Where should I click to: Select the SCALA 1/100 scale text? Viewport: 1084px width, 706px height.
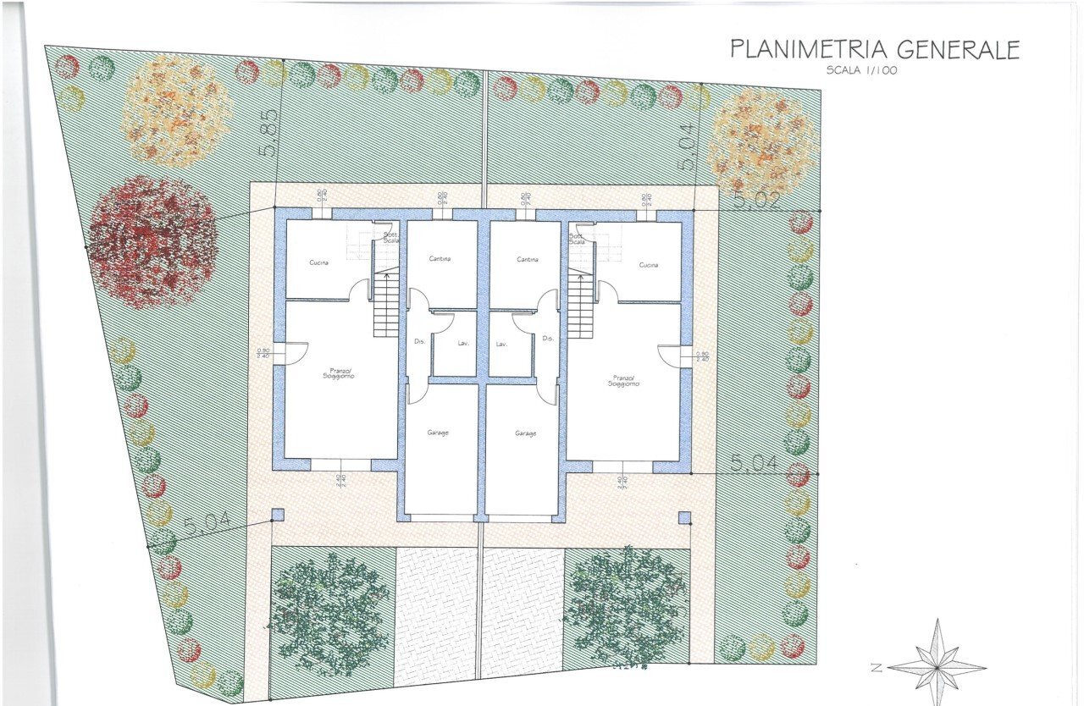pos(862,70)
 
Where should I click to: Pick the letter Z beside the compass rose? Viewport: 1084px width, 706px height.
pos(877,668)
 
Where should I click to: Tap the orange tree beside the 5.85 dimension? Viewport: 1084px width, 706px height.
pos(176,113)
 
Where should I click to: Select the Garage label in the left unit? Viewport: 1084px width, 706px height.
pos(438,433)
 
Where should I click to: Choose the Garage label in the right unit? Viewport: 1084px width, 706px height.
pos(526,433)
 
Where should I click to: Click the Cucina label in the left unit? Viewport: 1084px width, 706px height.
pos(318,263)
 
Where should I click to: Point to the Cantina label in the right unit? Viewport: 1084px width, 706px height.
pos(528,259)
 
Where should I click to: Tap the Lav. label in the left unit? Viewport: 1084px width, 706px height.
pos(463,344)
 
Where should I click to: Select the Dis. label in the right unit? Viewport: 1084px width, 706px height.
pos(548,339)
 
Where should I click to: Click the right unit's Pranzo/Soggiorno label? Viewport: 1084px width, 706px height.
pos(623,380)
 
